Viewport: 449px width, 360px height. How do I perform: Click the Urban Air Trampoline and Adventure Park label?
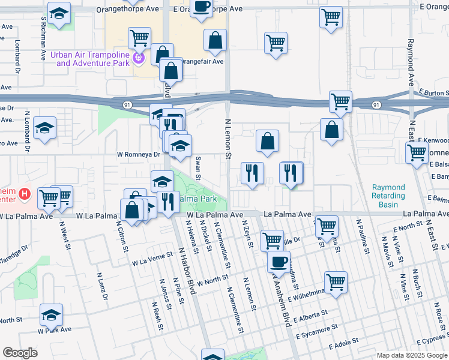pyautogui.click(x=90, y=58)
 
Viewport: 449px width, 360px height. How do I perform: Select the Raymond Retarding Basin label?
pyautogui.click(x=388, y=196)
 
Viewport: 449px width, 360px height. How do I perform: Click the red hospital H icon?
pyautogui.click(x=24, y=194)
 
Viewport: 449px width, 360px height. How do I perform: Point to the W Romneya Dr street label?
pyautogui.click(x=139, y=154)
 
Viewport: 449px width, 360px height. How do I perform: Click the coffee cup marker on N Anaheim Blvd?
pyautogui.click(x=279, y=262)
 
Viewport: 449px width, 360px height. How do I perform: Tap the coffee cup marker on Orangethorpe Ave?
pyautogui.click(x=202, y=7)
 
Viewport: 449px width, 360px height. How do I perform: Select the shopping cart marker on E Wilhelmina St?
pyautogui.click(x=336, y=281)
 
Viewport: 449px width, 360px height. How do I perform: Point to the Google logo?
pyautogui.click(x=20, y=353)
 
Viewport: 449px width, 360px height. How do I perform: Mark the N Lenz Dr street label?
pyautogui.click(x=101, y=287)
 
